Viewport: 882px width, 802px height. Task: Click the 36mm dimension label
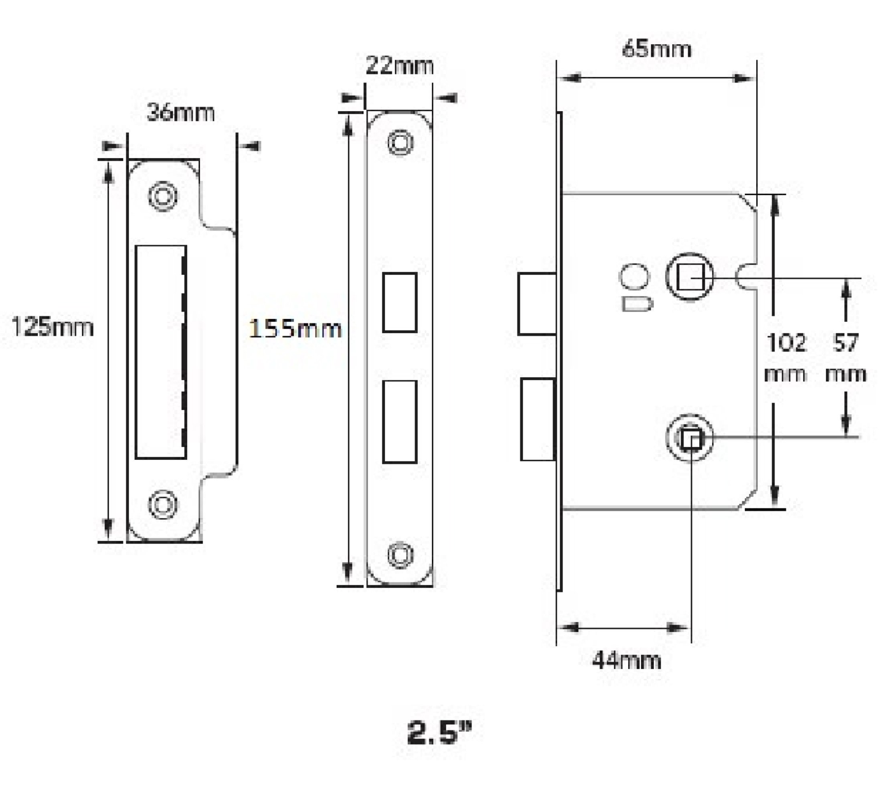coord(181,113)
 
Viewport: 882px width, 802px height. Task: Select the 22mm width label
coord(399,66)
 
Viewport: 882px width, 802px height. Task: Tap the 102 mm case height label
coord(786,358)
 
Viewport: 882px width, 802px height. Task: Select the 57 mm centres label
coord(845,358)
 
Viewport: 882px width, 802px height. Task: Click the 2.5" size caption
coord(440,733)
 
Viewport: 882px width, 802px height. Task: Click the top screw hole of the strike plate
coord(163,196)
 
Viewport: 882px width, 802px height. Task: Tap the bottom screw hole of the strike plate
coord(163,504)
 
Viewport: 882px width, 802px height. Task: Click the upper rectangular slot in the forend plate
coord(399,302)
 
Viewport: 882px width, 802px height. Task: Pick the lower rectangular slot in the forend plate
coord(399,422)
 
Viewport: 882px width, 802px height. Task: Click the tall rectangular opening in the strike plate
coord(161,352)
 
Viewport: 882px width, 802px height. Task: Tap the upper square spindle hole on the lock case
coord(690,277)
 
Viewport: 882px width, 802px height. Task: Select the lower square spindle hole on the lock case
coord(690,438)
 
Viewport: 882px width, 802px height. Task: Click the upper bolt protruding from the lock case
coord(537,304)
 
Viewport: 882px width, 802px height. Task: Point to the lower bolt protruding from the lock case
coord(538,419)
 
